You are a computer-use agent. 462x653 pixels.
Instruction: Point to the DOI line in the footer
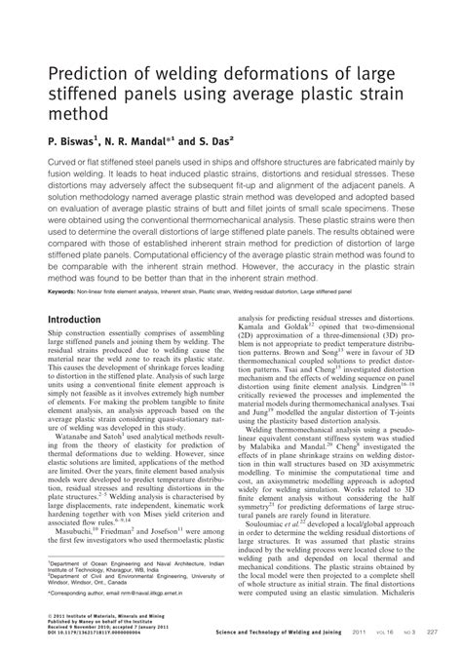[97, 634]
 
